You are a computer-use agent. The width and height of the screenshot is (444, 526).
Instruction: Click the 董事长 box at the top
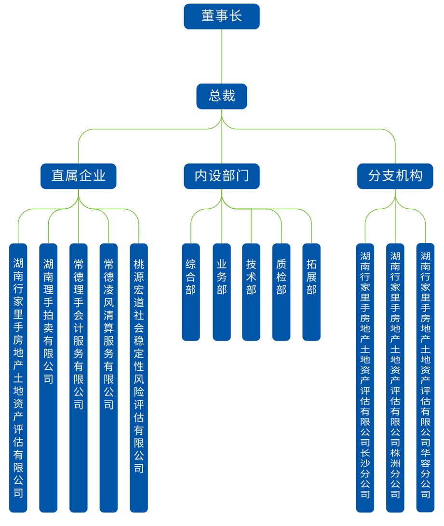point(222,16)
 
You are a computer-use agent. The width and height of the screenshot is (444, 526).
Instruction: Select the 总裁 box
point(222,96)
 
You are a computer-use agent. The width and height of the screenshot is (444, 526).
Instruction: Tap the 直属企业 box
point(79,176)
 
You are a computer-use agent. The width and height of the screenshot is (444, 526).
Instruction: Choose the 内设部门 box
point(222,176)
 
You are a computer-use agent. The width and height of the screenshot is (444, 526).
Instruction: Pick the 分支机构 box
point(395,176)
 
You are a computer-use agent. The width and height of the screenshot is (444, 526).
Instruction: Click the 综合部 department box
point(191,292)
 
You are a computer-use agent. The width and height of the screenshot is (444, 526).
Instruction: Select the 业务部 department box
point(221,292)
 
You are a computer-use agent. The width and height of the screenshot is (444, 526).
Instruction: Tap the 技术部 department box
point(251,292)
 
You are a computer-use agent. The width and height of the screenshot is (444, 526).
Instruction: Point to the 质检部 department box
point(282,292)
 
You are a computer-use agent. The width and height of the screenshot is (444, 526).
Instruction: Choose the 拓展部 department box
point(311,292)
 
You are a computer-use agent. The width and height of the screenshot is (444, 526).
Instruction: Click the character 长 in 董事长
point(235,16)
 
